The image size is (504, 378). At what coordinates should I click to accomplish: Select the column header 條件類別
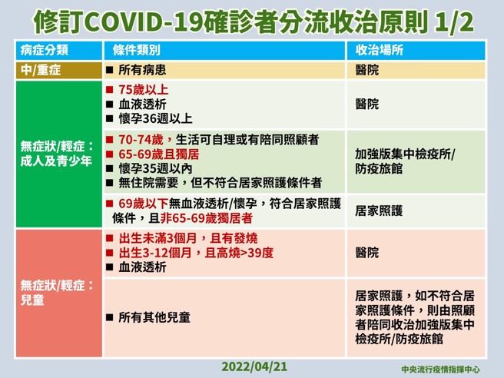[x=136, y=50]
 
